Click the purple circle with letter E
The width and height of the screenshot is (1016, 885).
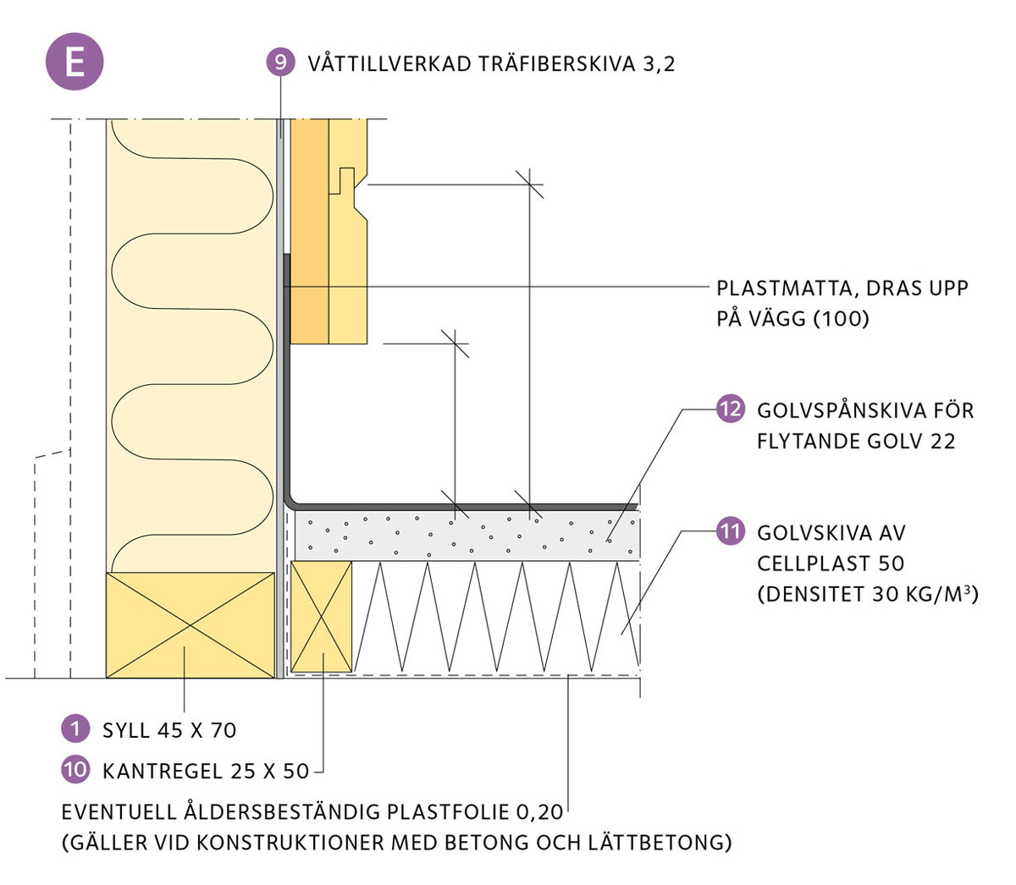point(75,61)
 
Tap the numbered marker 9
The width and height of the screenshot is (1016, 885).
point(280,62)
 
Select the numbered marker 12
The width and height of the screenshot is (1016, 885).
point(730,410)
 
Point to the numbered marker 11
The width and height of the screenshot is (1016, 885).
point(730,531)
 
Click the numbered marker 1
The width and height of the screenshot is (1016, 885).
point(75,728)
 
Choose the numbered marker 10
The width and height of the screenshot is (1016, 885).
point(75,769)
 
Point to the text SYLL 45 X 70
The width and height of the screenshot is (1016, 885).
point(169,729)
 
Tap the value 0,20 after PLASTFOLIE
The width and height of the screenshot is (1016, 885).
point(538,812)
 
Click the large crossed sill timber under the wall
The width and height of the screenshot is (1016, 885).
point(190,625)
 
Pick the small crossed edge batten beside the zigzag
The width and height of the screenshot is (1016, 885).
point(321,617)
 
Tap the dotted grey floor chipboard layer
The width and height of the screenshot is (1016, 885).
point(466,535)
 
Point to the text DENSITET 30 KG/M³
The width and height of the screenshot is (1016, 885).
point(868,594)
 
